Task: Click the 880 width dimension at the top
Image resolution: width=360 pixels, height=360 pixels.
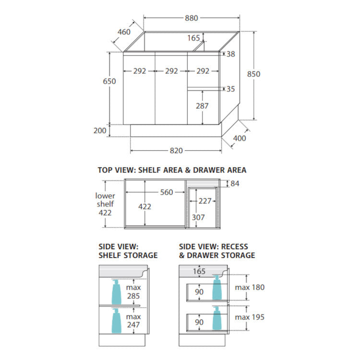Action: (192, 18)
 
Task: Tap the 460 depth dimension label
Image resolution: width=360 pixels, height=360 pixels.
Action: (124, 32)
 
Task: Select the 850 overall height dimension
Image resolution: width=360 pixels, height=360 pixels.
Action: (254, 74)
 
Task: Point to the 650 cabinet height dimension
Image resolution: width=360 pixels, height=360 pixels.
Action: (109, 81)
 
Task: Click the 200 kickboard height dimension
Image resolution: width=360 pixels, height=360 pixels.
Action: (100, 131)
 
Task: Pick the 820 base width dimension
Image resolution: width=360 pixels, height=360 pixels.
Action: (176, 151)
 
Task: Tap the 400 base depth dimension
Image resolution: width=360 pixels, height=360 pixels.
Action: (240, 138)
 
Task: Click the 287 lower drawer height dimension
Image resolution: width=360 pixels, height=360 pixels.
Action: (202, 106)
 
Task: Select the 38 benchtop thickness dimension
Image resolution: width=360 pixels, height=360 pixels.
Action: (231, 54)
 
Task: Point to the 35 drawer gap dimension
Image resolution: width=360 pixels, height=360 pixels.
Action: (231, 89)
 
